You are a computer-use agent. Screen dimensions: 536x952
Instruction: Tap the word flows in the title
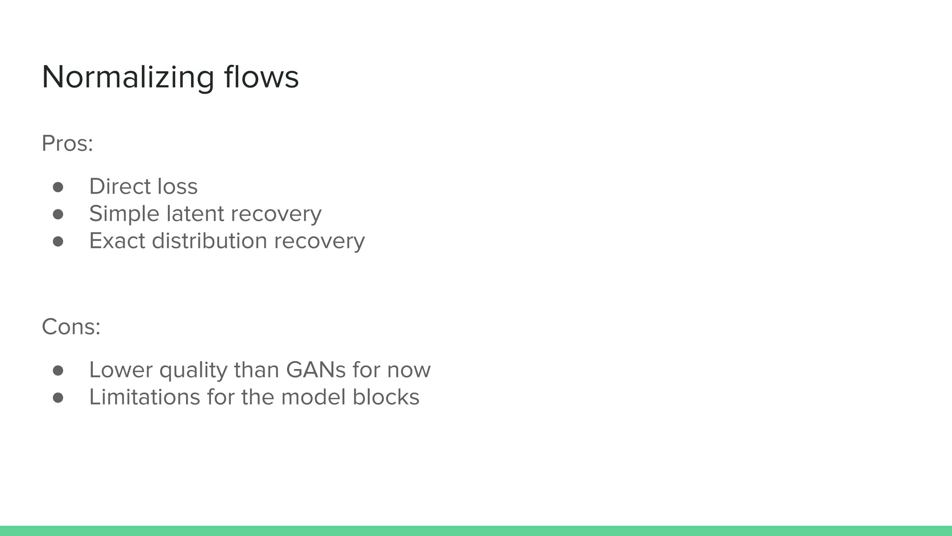click(x=261, y=77)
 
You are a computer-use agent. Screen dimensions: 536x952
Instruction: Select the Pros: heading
click(x=67, y=143)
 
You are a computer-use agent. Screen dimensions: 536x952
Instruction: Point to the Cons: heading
click(x=71, y=327)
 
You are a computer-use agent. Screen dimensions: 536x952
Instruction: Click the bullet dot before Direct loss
click(x=58, y=187)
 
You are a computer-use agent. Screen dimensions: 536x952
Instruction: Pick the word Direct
click(x=119, y=187)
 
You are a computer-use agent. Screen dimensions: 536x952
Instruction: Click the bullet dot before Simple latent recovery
click(x=58, y=214)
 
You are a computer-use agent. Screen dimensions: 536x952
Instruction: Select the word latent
click(x=195, y=214)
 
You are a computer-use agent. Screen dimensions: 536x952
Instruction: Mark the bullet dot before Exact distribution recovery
click(x=58, y=241)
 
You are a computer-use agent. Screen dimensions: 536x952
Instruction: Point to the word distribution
click(x=210, y=241)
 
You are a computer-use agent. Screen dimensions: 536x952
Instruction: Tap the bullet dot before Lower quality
click(x=58, y=370)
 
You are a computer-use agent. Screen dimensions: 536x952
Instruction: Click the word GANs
click(x=316, y=370)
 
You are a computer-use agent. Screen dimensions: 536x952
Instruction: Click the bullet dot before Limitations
click(x=58, y=397)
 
